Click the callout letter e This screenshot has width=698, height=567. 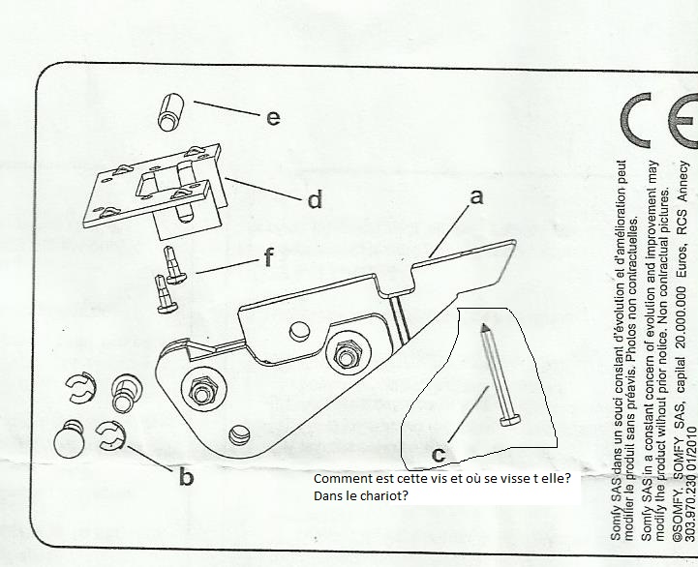273,117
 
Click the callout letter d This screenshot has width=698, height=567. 314,201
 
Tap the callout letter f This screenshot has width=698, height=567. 268,258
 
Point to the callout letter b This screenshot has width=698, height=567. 185,477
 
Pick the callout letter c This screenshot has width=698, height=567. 439,453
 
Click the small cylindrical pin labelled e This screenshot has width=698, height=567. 170,109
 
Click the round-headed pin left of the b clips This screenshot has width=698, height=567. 72,440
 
